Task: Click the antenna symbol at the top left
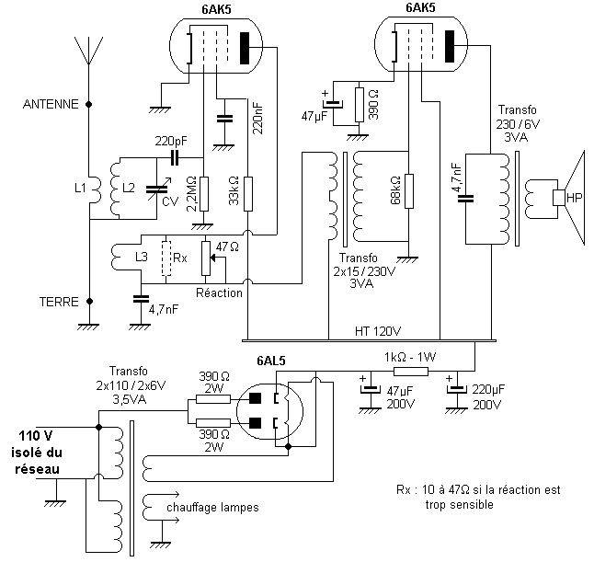pos(88,52)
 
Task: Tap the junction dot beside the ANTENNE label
pos(89,104)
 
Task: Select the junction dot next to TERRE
pos(89,302)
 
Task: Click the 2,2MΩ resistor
pos(204,194)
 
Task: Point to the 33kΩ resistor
pos(247,194)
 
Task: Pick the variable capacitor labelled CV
pos(157,189)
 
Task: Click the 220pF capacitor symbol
pos(175,157)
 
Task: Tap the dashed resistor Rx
pos(166,258)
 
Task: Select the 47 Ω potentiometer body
pos(205,258)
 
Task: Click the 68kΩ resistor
pos(409,191)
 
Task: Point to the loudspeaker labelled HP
pos(568,198)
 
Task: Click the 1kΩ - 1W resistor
pos(411,372)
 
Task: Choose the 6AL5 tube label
pos(271,361)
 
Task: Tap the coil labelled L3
pos(116,258)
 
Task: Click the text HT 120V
pos(378,332)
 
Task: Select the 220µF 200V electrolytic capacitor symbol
pos(457,390)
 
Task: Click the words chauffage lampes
pos(212,508)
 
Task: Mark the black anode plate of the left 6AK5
pos(245,48)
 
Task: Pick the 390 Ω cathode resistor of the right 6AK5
pos(360,105)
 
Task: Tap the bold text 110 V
pos(36,436)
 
